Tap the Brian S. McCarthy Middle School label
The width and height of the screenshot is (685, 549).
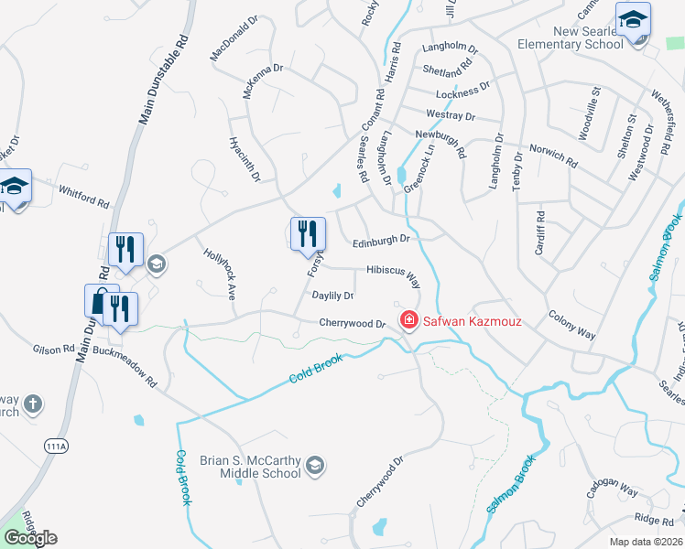pos(261,467)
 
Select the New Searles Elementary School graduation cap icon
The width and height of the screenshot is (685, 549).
pos(633,19)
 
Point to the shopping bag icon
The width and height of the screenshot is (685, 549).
pos(101,301)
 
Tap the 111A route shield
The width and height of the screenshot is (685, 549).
pos(56,446)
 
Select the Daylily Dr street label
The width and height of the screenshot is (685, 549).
pos(332,296)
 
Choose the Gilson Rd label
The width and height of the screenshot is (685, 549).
pos(54,349)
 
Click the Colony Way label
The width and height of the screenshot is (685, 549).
pos(571,328)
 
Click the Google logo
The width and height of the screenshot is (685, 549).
pos(30,538)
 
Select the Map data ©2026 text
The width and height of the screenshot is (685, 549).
pos(646,542)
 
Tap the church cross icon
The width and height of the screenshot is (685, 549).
pos(32,404)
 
